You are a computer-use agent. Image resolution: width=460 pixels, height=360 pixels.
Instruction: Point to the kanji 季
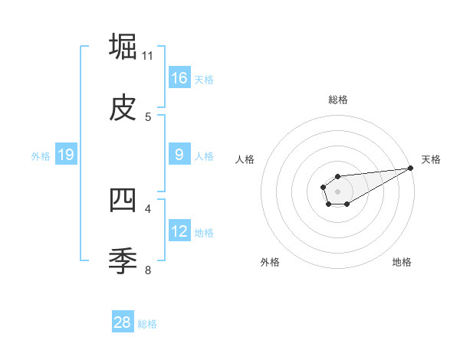(x=123, y=261)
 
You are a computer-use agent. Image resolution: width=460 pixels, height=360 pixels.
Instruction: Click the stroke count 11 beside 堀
(x=148, y=56)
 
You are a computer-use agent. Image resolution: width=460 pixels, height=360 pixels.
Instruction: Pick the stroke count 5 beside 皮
(x=148, y=117)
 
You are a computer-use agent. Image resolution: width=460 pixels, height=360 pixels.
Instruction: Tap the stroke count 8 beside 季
(x=148, y=270)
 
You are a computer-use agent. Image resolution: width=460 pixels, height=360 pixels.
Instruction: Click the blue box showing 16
(x=179, y=77)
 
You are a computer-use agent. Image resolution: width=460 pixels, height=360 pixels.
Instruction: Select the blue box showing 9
(x=179, y=155)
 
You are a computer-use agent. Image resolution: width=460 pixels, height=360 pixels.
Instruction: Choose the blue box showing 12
(x=179, y=231)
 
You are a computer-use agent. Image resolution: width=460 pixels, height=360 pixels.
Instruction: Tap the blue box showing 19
(x=65, y=155)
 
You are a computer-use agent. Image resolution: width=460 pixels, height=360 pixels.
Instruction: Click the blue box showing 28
(x=123, y=322)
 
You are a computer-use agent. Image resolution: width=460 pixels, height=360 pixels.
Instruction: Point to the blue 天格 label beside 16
(x=204, y=79)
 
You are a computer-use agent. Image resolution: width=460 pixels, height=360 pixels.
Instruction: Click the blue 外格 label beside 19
(x=41, y=156)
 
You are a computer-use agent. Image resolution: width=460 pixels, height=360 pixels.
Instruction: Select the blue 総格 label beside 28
(x=147, y=324)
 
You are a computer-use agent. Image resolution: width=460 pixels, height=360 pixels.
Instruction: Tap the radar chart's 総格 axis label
(x=338, y=100)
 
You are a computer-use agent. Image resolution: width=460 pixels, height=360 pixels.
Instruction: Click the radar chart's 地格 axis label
(x=402, y=262)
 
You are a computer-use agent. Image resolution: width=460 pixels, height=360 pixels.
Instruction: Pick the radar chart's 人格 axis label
(x=246, y=159)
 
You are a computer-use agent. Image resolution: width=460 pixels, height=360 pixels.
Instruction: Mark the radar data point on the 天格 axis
(x=411, y=169)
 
